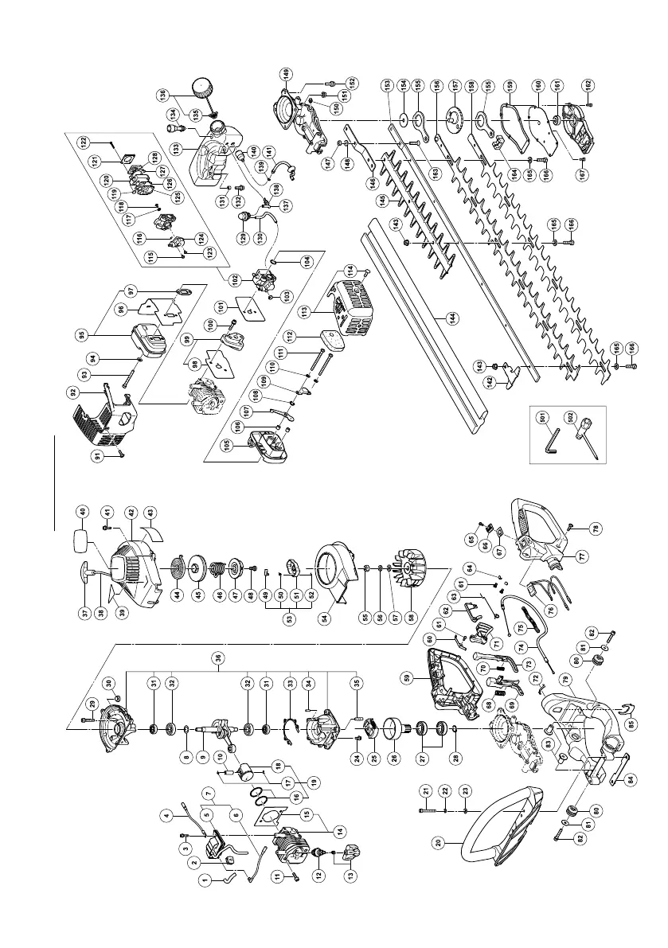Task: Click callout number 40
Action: coord(81,513)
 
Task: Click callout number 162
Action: coord(588,84)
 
